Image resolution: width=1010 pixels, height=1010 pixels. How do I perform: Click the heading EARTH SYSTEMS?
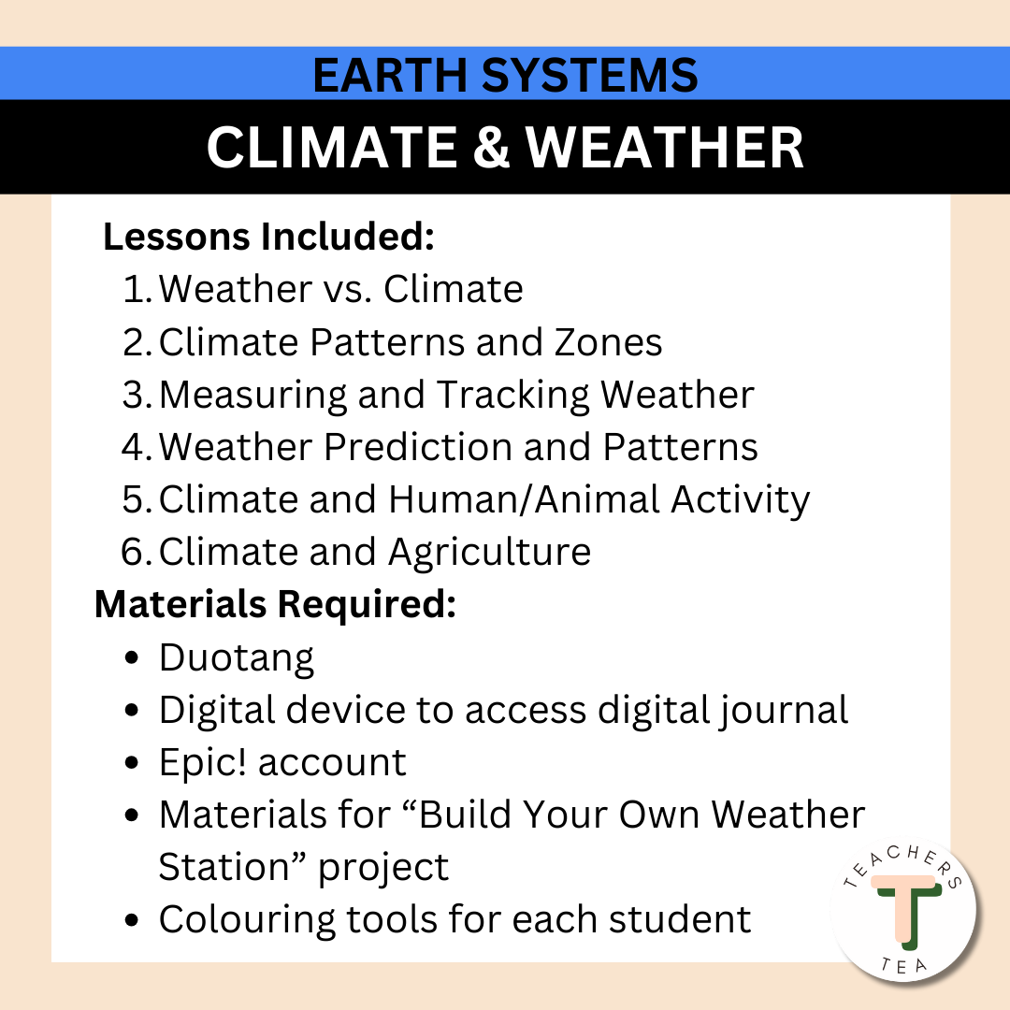pos(505,75)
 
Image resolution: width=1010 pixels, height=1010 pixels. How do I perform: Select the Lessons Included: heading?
pos(268,237)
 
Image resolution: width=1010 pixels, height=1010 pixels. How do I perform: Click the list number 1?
pos(137,289)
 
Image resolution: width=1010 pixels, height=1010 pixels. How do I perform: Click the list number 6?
pos(137,552)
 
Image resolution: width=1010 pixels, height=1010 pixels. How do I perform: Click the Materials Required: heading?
pos(275,605)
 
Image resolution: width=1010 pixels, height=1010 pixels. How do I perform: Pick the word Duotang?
pos(237,658)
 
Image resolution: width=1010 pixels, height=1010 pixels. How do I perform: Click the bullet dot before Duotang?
pos(133,658)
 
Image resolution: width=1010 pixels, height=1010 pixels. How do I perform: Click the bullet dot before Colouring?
pos(133,920)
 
